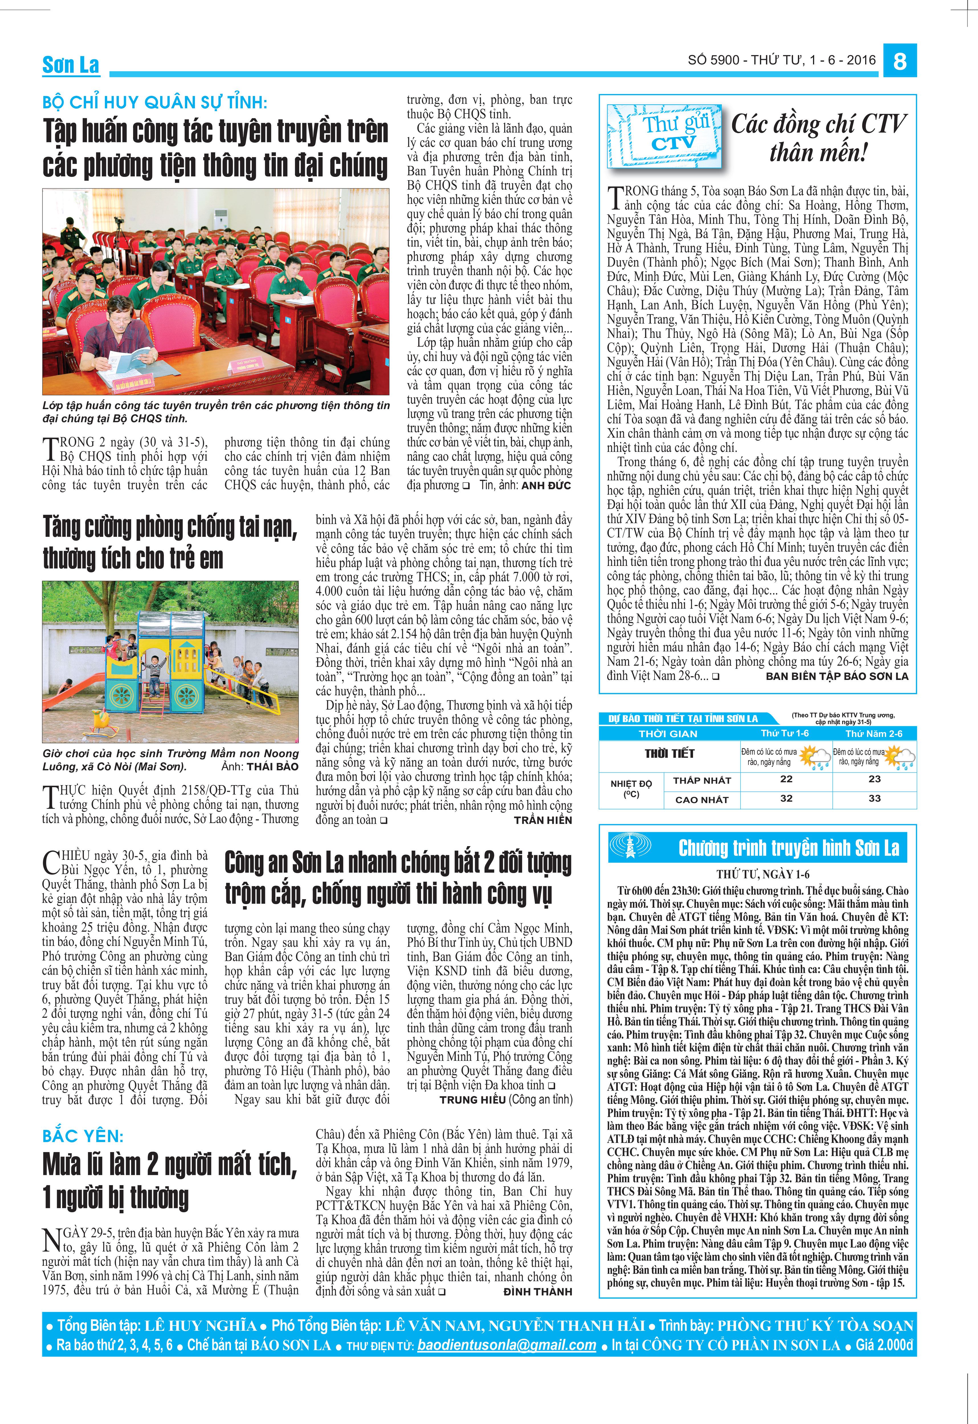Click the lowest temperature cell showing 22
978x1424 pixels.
pyautogui.click(x=786, y=779)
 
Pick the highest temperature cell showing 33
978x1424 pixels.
pyautogui.click(x=875, y=798)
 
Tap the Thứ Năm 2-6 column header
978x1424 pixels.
pyautogui.click(x=874, y=733)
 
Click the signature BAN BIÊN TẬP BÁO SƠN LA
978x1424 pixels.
pyautogui.click(x=837, y=676)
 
